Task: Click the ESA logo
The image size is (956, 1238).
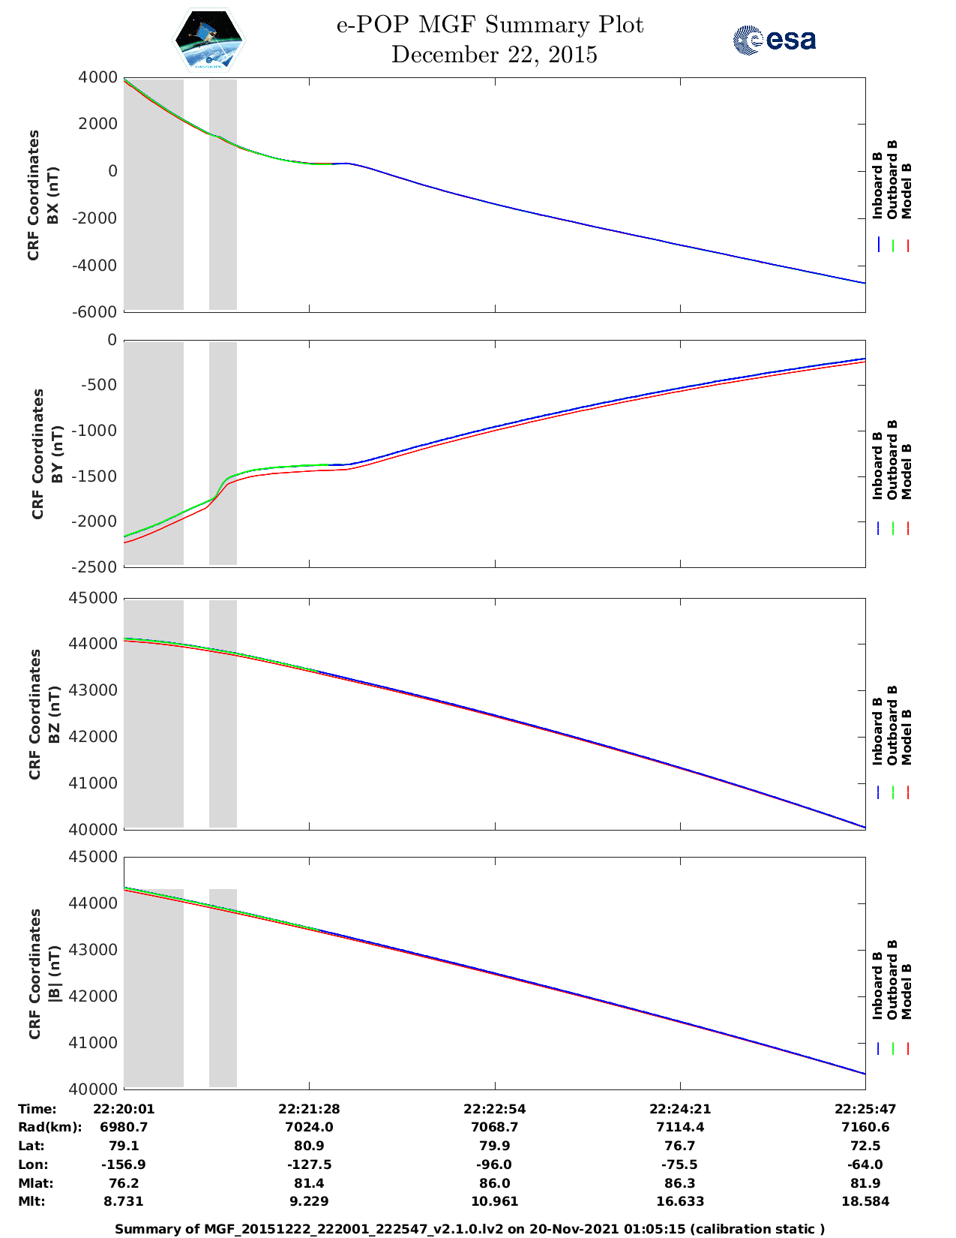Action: [775, 40]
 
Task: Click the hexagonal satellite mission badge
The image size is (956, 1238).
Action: [209, 40]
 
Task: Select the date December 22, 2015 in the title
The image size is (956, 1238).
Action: [494, 55]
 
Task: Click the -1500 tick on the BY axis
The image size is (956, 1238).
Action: [97, 476]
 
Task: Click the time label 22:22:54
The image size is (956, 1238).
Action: [495, 1109]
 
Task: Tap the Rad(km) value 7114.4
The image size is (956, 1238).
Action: [680, 1127]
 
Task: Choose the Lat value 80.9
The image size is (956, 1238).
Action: [309, 1146]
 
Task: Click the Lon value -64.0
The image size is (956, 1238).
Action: [865, 1164]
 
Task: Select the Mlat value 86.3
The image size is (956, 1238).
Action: [680, 1183]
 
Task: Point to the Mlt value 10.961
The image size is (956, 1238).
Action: [495, 1201]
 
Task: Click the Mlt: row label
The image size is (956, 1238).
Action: [31, 1201]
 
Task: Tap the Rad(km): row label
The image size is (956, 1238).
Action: [49, 1127]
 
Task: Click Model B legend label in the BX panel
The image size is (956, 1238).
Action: [907, 191]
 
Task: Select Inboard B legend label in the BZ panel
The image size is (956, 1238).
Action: [877, 732]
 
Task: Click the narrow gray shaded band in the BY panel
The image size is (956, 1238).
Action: [223, 453]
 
